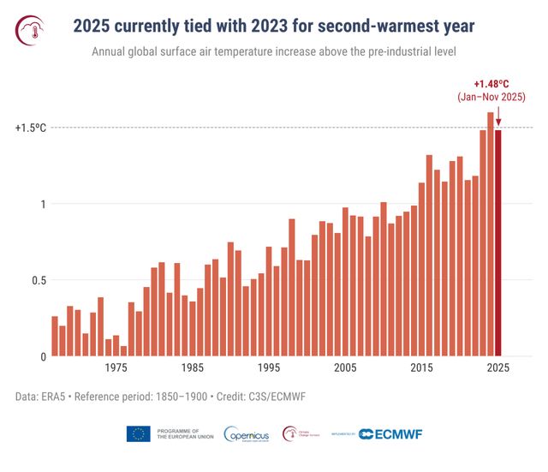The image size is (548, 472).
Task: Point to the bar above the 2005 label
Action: point(345,282)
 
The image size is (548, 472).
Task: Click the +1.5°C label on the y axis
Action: point(30,128)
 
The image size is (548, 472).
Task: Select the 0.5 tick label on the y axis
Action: point(36,280)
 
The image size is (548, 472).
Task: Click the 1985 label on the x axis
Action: point(192,367)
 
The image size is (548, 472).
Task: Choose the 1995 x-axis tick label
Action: point(268,367)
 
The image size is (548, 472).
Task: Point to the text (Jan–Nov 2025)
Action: point(491,99)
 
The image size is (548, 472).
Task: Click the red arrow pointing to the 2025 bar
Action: point(498,117)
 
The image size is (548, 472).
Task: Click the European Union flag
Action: point(138,433)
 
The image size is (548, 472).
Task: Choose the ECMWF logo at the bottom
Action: point(390,433)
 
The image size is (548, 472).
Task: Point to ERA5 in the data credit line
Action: point(55,397)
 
